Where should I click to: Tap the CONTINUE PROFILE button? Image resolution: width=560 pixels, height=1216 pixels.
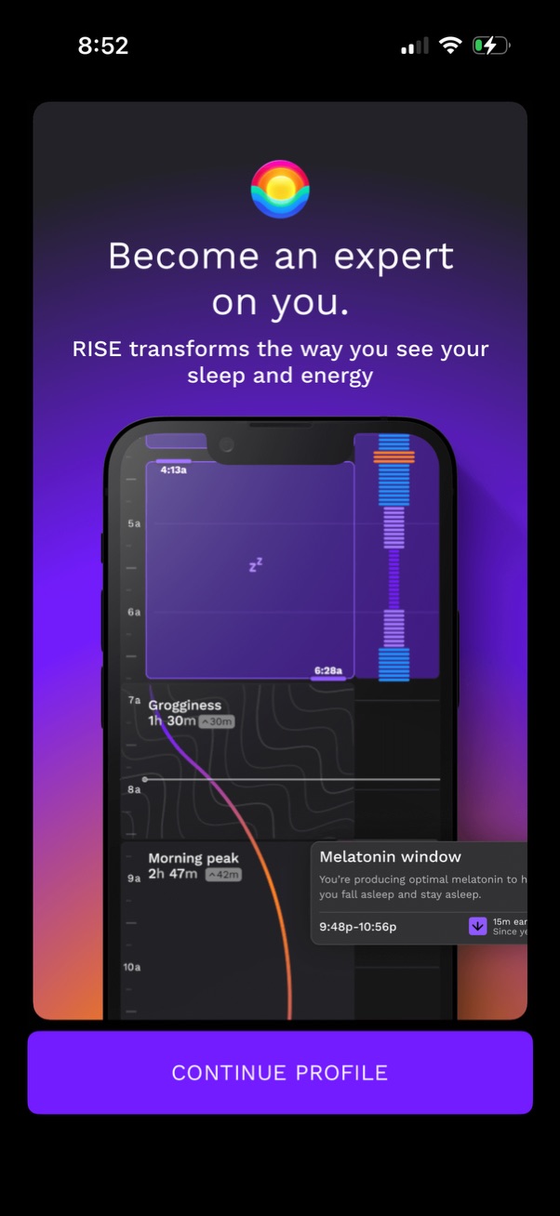pyautogui.click(x=279, y=1072)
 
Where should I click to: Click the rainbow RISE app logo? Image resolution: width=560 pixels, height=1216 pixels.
pyautogui.click(x=280, y=189)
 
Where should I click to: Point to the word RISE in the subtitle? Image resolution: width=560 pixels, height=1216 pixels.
pyautogui.click(x=98, y=350)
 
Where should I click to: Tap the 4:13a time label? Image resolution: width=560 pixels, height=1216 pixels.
pyautogui.click(x=173, y=469)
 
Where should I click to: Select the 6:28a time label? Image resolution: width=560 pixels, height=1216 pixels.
pyautogui.click(x=327, y=670)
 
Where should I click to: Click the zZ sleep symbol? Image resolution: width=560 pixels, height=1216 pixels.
pyautogui.click(x=256, y=563)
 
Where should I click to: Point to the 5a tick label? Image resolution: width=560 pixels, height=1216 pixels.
pyautogui.click(x=134, y=523)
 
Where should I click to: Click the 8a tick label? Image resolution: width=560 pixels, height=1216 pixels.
pyautogui.click(x=134, y=789)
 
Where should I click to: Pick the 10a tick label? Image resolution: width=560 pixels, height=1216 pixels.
pyautogui.click(x=131, y=967)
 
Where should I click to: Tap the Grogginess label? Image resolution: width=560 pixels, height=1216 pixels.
pyautogui.click(x=185, y=706)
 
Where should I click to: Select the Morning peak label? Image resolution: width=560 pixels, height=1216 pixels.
pyautogui.click(x=193, y=858)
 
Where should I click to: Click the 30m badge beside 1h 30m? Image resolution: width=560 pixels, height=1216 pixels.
pyautogui.click(x=217, y=721)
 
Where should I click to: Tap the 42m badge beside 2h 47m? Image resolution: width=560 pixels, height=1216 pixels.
pyautogui.click(x=223, y=875)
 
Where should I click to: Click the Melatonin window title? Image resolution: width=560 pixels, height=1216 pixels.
pyautogui.click(x=390, y=857)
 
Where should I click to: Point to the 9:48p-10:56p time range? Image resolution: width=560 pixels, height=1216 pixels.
pyautogui.click(x=358, y=926)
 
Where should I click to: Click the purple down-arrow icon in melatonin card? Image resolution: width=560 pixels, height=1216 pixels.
pyautogui.click(x=478, y=926)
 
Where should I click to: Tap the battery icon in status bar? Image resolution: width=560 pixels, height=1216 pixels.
pyautogui.click(x=490, y=46)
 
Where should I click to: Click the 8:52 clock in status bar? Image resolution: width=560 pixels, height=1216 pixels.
pyautogui.click(x=103, y=46)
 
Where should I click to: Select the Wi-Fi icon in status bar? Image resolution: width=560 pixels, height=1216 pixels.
pyautogui.click(x=451, y=46)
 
